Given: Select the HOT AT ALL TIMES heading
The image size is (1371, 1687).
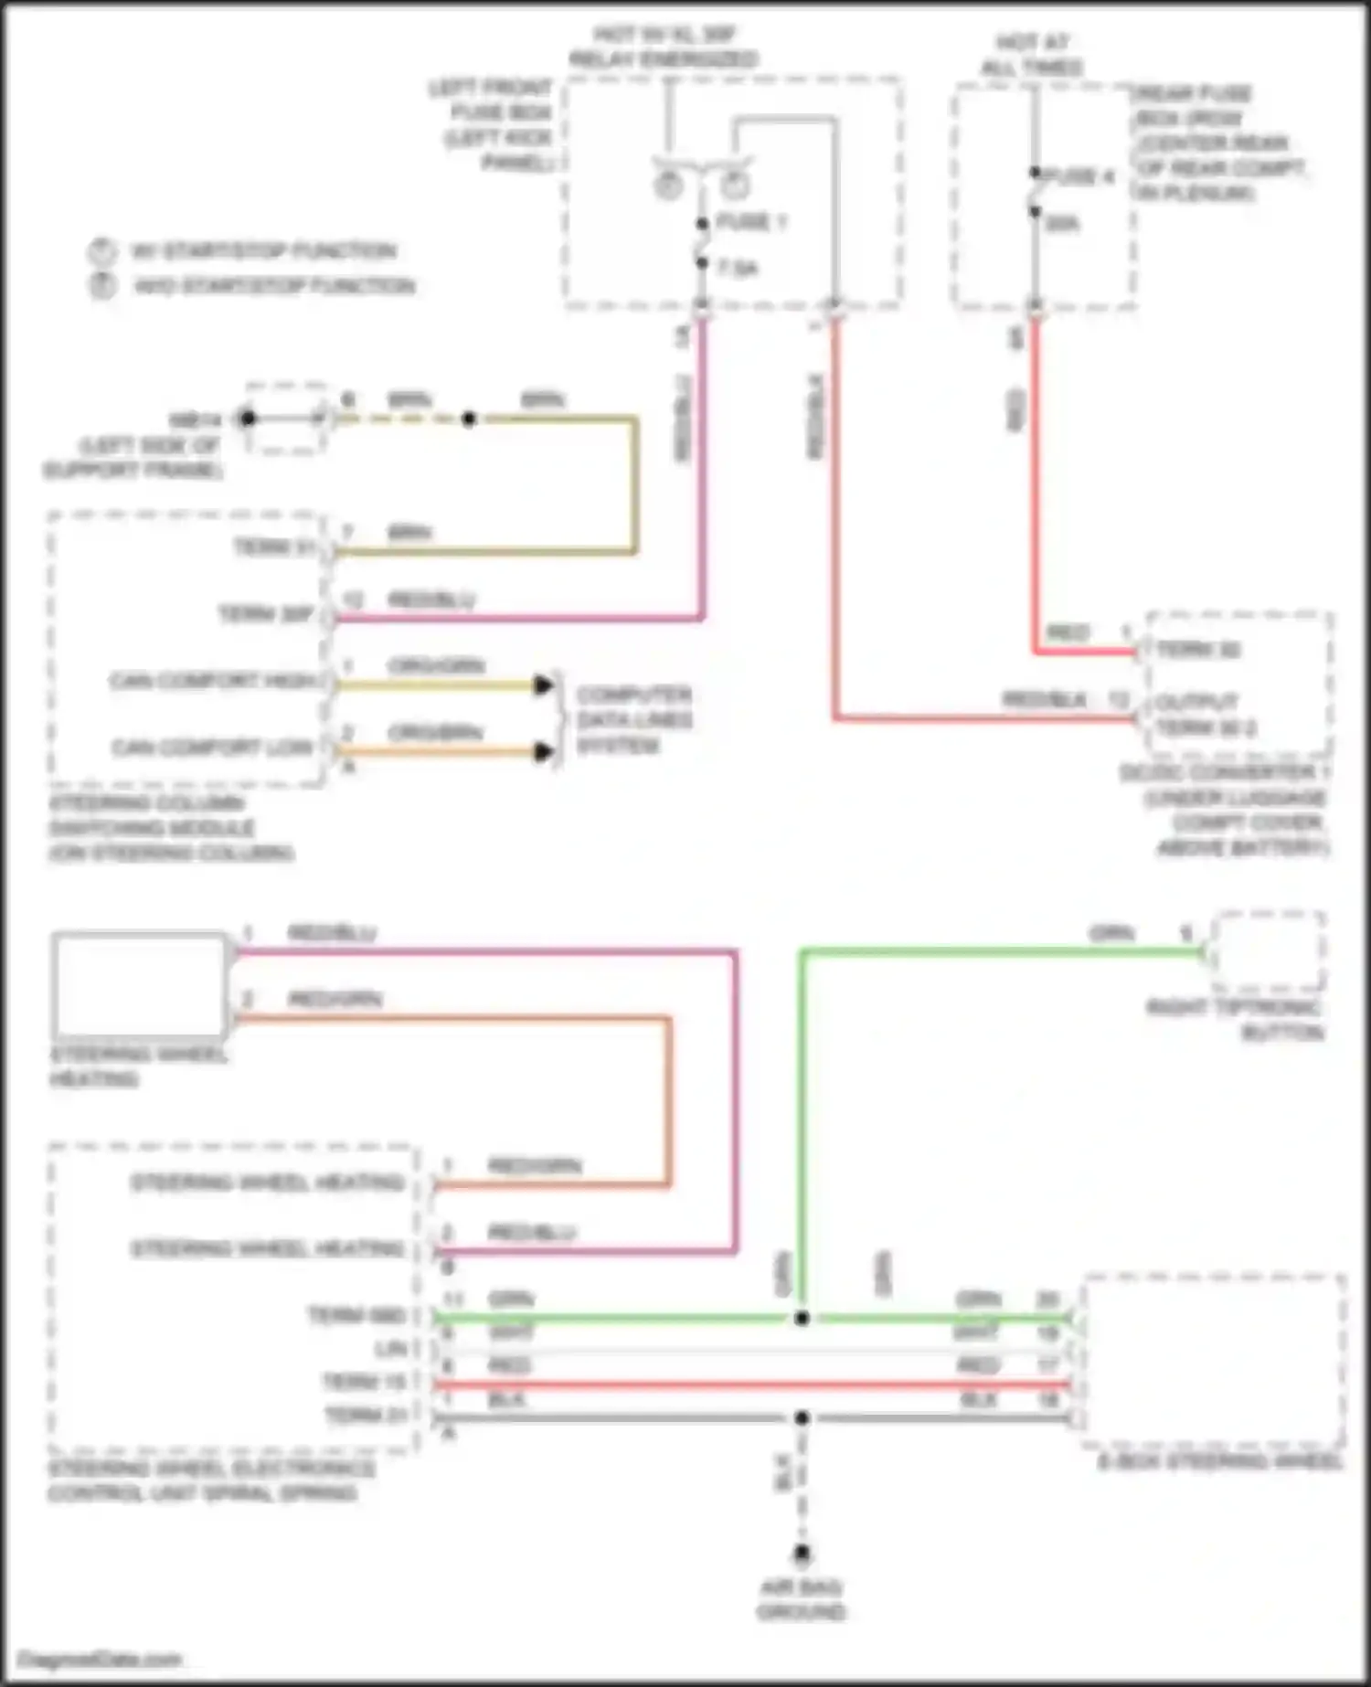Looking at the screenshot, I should coord(1032,55).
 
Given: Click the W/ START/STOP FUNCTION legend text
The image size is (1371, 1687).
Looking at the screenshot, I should coord(264,251).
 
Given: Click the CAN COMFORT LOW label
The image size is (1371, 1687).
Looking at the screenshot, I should coord(212,748).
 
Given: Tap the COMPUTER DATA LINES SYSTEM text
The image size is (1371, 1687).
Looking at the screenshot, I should coord(634,720).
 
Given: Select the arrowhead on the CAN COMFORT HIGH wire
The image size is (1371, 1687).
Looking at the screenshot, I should coord(544,684).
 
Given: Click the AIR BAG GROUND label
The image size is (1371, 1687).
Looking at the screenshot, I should coord(801,1599).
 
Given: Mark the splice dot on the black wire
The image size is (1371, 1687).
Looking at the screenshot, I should coord(802,1418).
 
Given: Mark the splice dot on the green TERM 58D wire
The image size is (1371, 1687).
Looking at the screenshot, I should coord(802,1318).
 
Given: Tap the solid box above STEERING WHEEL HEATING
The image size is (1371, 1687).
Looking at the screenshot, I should coord(139,982).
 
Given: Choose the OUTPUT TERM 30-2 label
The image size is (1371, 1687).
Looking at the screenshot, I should coord(1205,716).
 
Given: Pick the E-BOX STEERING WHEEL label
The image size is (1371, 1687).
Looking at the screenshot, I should coord(1220,1462).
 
